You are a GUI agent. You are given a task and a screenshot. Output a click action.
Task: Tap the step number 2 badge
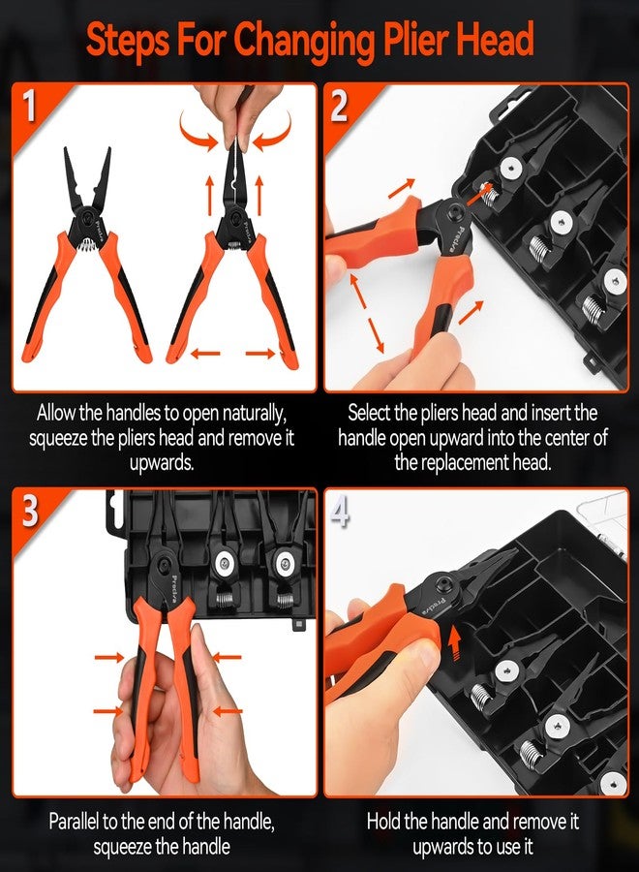[340, 107]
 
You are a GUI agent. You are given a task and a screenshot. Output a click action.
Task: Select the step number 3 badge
[30, 512]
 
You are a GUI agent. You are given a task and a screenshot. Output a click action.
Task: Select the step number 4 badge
[340, 512]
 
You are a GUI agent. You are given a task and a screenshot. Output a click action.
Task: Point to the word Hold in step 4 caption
[385, 822]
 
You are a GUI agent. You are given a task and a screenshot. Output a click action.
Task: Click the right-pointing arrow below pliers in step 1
[260, 355]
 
